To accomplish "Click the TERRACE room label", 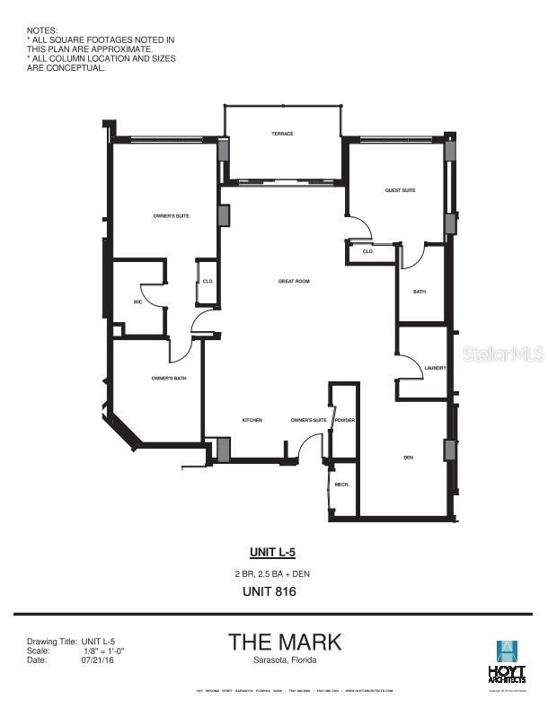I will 283,134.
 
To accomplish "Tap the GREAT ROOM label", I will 294,281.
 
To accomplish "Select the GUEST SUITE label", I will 401,190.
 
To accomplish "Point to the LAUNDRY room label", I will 436,368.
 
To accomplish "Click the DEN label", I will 408,458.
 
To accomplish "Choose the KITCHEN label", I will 252,420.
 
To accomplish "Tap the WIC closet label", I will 138,302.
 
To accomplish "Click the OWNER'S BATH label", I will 169,378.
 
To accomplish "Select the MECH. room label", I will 342,485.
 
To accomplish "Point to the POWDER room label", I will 346,420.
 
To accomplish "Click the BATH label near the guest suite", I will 420,292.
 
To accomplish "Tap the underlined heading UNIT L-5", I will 272,552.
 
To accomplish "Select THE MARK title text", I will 285,642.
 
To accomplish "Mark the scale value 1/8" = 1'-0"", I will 102,651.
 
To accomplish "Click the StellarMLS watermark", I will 504,354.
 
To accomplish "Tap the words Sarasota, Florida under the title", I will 285,660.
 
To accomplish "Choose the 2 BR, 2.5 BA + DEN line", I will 272,573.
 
